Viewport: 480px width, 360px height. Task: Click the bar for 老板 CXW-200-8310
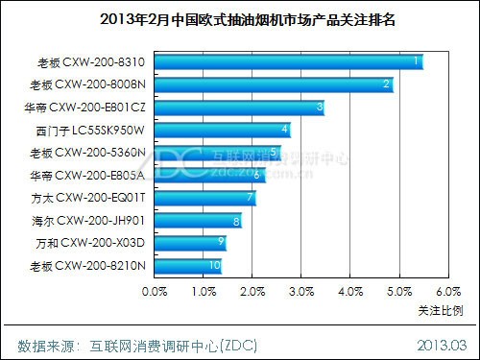[289, 62]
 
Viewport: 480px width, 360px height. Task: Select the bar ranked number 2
[274, 84]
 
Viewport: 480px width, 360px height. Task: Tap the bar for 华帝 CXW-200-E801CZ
[240, 108]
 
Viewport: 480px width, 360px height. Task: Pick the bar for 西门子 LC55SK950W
[223, 130]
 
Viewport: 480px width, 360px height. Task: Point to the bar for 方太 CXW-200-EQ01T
[205, 198]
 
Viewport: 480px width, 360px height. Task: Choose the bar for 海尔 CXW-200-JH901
[198, 221]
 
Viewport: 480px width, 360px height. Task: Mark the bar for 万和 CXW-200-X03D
[191, 243]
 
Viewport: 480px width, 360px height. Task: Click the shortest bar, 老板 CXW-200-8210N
[188, 266]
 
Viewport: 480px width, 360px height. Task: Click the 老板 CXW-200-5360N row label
[87, 153]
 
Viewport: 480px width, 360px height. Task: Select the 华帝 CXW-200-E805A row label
[87, 176]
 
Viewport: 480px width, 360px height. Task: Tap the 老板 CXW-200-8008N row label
[87, 84]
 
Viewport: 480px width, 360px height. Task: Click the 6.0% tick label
[448, 292]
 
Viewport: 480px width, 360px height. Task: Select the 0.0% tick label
[155, 292]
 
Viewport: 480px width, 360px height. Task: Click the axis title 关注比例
[441, 310]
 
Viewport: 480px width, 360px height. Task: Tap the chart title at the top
[248, 19]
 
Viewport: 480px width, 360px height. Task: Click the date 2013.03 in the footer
[442, 346]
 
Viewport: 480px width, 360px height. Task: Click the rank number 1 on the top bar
[416, 60]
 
